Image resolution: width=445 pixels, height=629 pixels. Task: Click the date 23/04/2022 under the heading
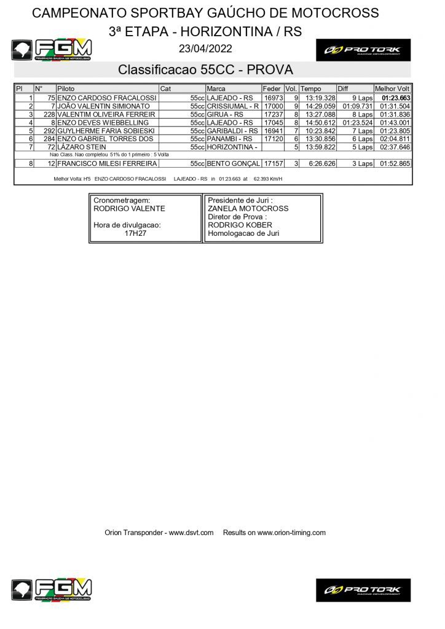pos(205,49)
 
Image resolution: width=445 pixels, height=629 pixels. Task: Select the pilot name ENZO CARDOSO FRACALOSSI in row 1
pos(106,98)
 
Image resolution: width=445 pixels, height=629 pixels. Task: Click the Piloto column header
pos(66,89)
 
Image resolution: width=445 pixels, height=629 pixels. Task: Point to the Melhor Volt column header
pos(392,89)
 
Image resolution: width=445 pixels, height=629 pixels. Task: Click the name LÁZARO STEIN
pos(81,147)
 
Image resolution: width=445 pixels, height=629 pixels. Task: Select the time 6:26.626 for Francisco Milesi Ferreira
pos(320,164)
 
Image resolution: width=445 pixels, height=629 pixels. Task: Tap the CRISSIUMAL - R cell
pos(232,106)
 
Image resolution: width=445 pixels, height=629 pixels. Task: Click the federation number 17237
pos(273,114)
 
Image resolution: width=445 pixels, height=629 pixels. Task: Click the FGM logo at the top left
pos(52,49)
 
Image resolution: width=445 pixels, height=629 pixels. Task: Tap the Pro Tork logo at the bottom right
pos(363,590)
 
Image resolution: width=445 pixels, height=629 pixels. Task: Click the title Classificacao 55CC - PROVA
pos(205,69)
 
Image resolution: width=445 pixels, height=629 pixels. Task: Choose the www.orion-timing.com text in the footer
pos(291,533)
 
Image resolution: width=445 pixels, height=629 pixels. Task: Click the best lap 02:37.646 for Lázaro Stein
pos(395,147)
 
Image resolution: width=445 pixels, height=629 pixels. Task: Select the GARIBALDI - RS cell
pos(232,131)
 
